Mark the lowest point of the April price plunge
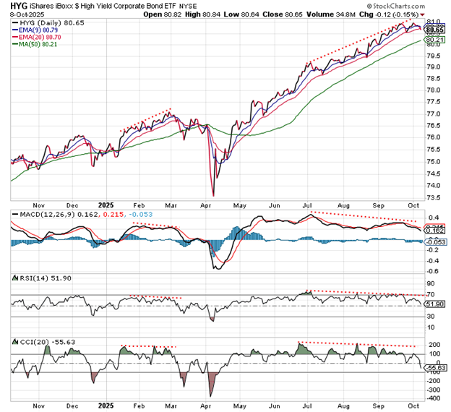point(213,194)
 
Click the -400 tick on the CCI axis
point(434,398)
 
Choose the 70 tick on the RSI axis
point(431,295)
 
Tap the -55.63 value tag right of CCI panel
point(436,369)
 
